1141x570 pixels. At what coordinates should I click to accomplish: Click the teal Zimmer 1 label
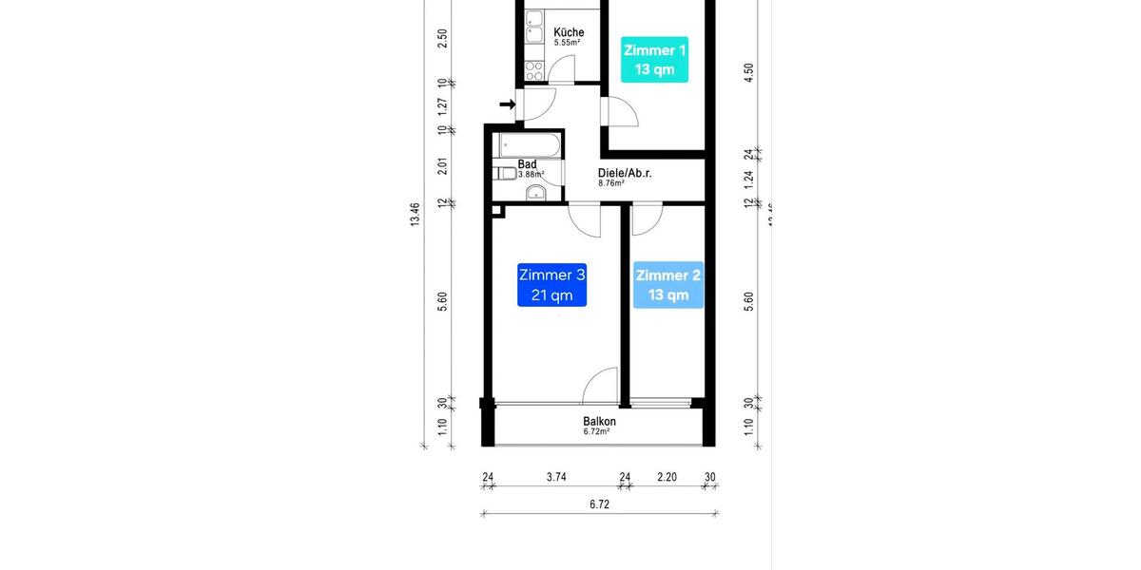[x=654, y=60]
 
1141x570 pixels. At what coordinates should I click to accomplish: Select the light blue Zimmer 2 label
[x=668, y=285]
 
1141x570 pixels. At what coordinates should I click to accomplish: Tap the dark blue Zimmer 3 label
[x=551, y=285]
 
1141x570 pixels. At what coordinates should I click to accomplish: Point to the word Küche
[x=569, y=32]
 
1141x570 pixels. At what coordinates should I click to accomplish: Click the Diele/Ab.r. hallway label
[x=624, y=173]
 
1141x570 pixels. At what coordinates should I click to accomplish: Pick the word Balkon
[x=599, y=422]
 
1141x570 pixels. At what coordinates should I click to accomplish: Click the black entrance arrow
[x=505, y=104]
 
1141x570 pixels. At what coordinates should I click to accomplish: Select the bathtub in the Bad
[x=526, y=145]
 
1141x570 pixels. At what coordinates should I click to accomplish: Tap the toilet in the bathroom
[x=504, y=174]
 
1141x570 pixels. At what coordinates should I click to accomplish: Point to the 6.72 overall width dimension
[x=598, y=504]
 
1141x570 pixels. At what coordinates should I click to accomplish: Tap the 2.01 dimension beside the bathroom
[x=442, y=166]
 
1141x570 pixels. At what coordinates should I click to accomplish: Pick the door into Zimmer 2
[x=647, y=219]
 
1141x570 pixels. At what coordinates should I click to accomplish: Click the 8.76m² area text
[x=610, y=183]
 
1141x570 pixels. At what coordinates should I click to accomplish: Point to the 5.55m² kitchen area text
[x=568, y=43]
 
